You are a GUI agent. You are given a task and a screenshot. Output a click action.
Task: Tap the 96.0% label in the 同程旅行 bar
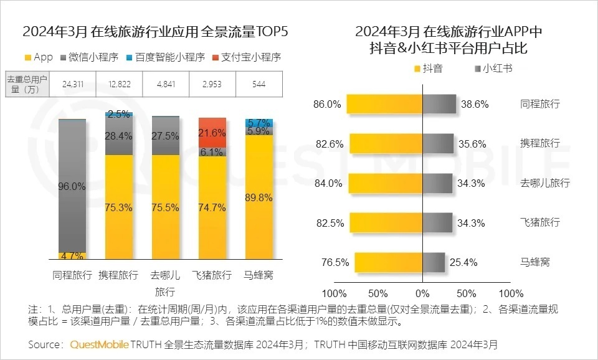click(x=72, y=186)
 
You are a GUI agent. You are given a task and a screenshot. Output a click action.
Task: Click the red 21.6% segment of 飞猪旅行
click(x=212, y=133)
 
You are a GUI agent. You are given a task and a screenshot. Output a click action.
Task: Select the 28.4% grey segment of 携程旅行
click(x=118, y=136)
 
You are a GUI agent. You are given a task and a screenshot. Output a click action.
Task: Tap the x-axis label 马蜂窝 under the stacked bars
click(x=259, y=275)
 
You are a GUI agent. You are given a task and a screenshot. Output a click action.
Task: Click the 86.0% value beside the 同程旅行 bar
click(x=328, y=104)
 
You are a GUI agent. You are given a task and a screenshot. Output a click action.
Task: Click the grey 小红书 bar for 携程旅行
click(x=438, y=143)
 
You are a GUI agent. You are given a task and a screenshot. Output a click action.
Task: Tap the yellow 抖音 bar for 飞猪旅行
click(x=386, y=222)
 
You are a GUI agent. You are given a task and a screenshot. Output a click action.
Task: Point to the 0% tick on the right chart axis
click(x=422, y=293)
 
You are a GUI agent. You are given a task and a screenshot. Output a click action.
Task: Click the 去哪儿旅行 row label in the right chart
click(x=544, y=183)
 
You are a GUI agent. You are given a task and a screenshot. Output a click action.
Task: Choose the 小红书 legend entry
click(x=493, y=69)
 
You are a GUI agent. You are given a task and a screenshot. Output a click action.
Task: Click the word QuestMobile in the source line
click(x=99, y=344)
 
